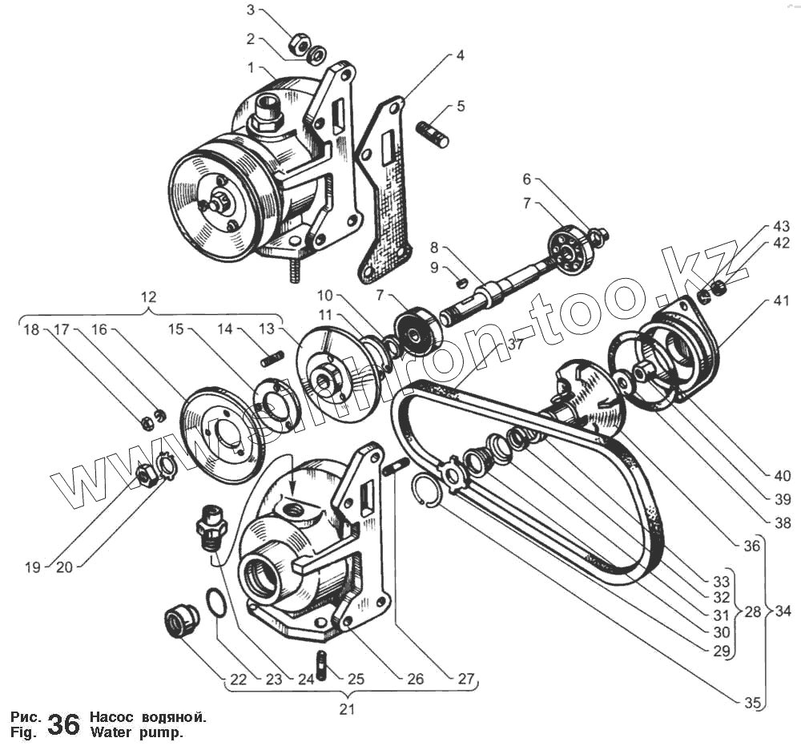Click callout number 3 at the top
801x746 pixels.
tap(251, 11)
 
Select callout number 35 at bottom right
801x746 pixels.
tap(751, 703)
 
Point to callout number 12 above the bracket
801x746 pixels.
tap(148, 296)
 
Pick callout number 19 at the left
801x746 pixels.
tap(32, 568)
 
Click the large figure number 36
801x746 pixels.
tap(64, 724)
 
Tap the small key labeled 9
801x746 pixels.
tap(461, 281)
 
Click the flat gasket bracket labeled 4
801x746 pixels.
tap(387, 192)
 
